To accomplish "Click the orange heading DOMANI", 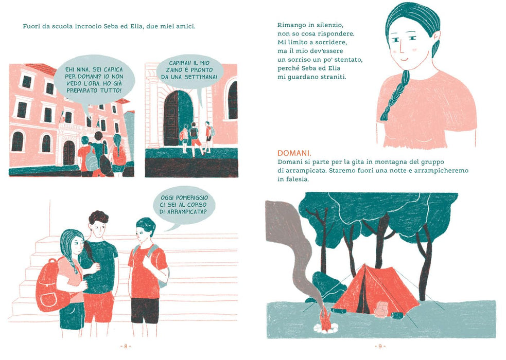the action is coord(294,153).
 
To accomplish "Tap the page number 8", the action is coord(126,346).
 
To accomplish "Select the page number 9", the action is coord(380,346).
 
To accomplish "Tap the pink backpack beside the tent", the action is coord(382,310).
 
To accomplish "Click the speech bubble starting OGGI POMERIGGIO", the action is coord(184,206).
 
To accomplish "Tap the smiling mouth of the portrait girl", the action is coord(404,60).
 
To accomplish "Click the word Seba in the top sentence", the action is coord(111,26).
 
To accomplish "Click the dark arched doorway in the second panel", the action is coord(178,118).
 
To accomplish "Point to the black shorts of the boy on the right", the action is coord(145,310).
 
